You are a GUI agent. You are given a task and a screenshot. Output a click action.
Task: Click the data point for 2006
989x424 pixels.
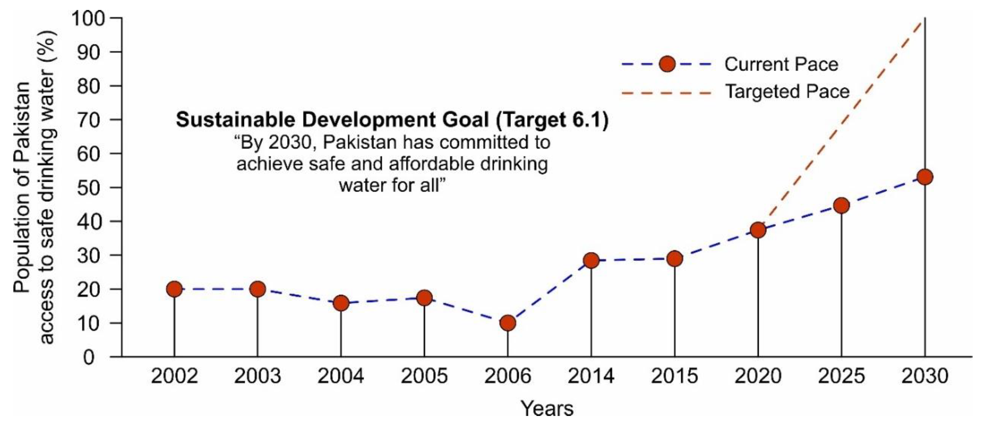click(508, 323)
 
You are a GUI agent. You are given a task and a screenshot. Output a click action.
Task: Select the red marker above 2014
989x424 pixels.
click(591, 260)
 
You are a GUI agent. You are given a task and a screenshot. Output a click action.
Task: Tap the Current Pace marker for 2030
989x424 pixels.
click(925, 177)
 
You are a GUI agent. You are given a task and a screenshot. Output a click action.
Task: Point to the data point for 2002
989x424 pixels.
click(174, 289)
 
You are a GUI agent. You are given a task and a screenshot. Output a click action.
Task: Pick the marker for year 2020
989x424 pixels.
click(758, 230)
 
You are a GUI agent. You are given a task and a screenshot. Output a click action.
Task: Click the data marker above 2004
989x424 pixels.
click(341, 303)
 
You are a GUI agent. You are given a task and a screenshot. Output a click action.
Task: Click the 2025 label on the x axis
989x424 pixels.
click(841, 376)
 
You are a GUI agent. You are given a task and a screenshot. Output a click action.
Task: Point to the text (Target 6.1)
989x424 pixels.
click(552, 120)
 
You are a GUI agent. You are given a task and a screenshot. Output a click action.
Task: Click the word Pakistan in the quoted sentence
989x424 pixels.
click(359, 142)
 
